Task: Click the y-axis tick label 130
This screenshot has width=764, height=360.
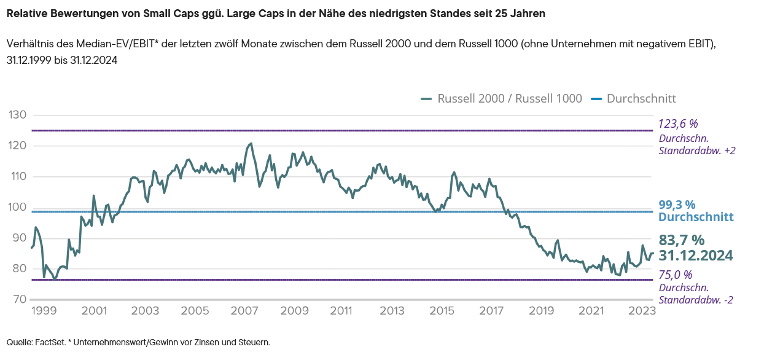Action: [17, 115]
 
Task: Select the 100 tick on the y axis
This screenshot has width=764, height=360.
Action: [17, 207]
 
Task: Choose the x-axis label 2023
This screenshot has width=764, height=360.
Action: [641, 311]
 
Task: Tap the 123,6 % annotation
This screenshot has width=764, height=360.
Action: [679, 123]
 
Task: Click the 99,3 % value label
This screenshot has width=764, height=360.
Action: [677, 205]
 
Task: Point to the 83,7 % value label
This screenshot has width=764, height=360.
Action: [682, 240]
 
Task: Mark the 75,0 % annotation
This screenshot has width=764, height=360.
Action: [675, 275]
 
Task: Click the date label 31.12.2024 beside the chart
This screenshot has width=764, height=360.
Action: [696, 256]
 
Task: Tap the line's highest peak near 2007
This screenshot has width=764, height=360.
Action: [251, 144]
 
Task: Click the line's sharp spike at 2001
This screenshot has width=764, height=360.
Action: [93, 196]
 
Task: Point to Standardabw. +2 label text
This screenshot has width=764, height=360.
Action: [697, 151]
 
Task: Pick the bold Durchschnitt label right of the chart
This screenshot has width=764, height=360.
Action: [696, 217]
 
